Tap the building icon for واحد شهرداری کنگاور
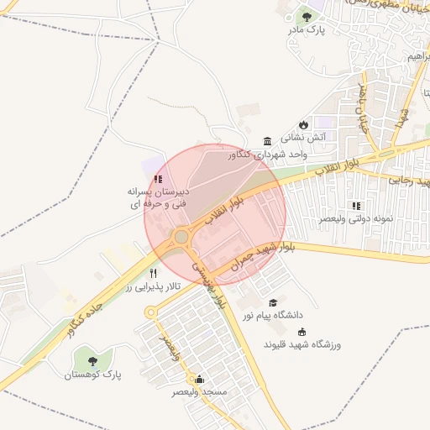[267, 140]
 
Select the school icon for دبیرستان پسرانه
[158, 178]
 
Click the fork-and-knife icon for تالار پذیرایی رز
[153, 273]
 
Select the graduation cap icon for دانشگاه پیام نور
[272, 302]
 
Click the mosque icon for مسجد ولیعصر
[200, 378]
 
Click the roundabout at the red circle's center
[182, 237]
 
